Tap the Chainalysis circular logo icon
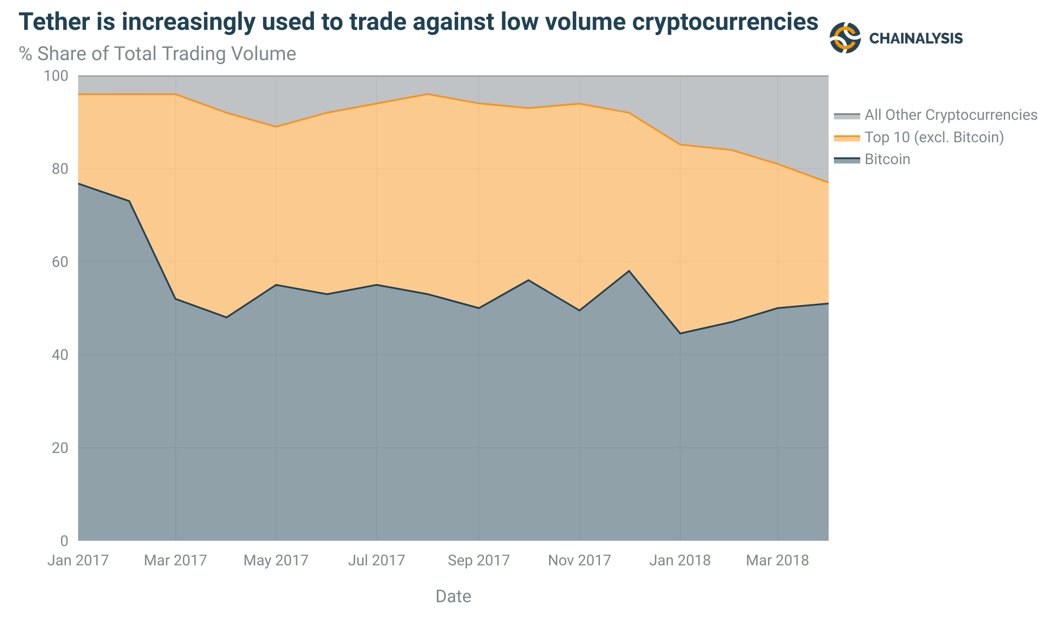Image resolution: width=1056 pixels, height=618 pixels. click(x=845, y=38)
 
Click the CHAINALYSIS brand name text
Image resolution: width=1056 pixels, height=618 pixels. click(x=916, y=39)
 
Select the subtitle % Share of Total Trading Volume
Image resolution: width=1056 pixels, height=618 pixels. click(x=157, y=54)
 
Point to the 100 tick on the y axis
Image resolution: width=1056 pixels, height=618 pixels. click(x=56, y=76)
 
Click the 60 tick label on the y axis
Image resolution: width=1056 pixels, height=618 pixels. click(x=60, y=262)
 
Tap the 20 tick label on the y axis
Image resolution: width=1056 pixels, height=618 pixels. click(x=60, y=448)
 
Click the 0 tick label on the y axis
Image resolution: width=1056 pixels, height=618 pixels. click(x=64, y=541)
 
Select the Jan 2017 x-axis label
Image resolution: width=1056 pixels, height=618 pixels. click(x=78, y=561)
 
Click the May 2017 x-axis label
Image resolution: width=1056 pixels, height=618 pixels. click(x=276, y=561)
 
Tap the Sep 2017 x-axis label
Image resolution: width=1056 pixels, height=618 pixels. click(x=478, y=561)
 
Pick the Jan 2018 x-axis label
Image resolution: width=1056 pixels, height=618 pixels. click(x=680, y=561)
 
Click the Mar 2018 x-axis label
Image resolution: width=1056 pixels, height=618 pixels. click(x=777, y=561)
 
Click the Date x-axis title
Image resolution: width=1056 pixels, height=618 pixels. click(x=453, y=596)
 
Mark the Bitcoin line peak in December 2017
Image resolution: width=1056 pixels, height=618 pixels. click(x=629, y=271)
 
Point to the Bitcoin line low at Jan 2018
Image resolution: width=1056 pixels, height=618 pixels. click(x=680, y=334)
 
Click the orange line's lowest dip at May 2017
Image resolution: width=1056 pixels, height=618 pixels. click(x=276, y=127)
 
